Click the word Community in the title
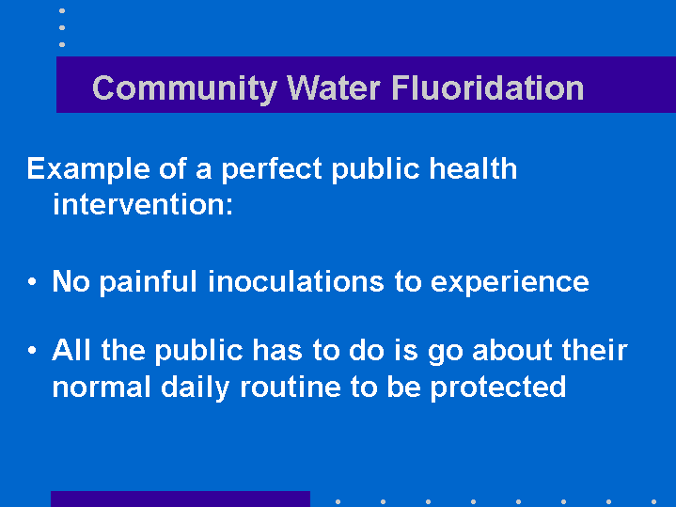[184, 89]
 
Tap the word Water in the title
[333, 88]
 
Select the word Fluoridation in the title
[488, 87]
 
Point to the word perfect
[272, 169]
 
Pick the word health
[473, 167]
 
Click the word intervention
[143, 204]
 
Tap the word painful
[148, 282]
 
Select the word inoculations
[296, 281]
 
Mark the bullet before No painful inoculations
[32, 282]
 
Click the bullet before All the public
[32, 350]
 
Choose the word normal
[102, 387]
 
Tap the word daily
[196, 388]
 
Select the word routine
[291, 387]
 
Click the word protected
[498, 388]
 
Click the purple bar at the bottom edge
[181, 499]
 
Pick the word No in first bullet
[71, 281]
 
